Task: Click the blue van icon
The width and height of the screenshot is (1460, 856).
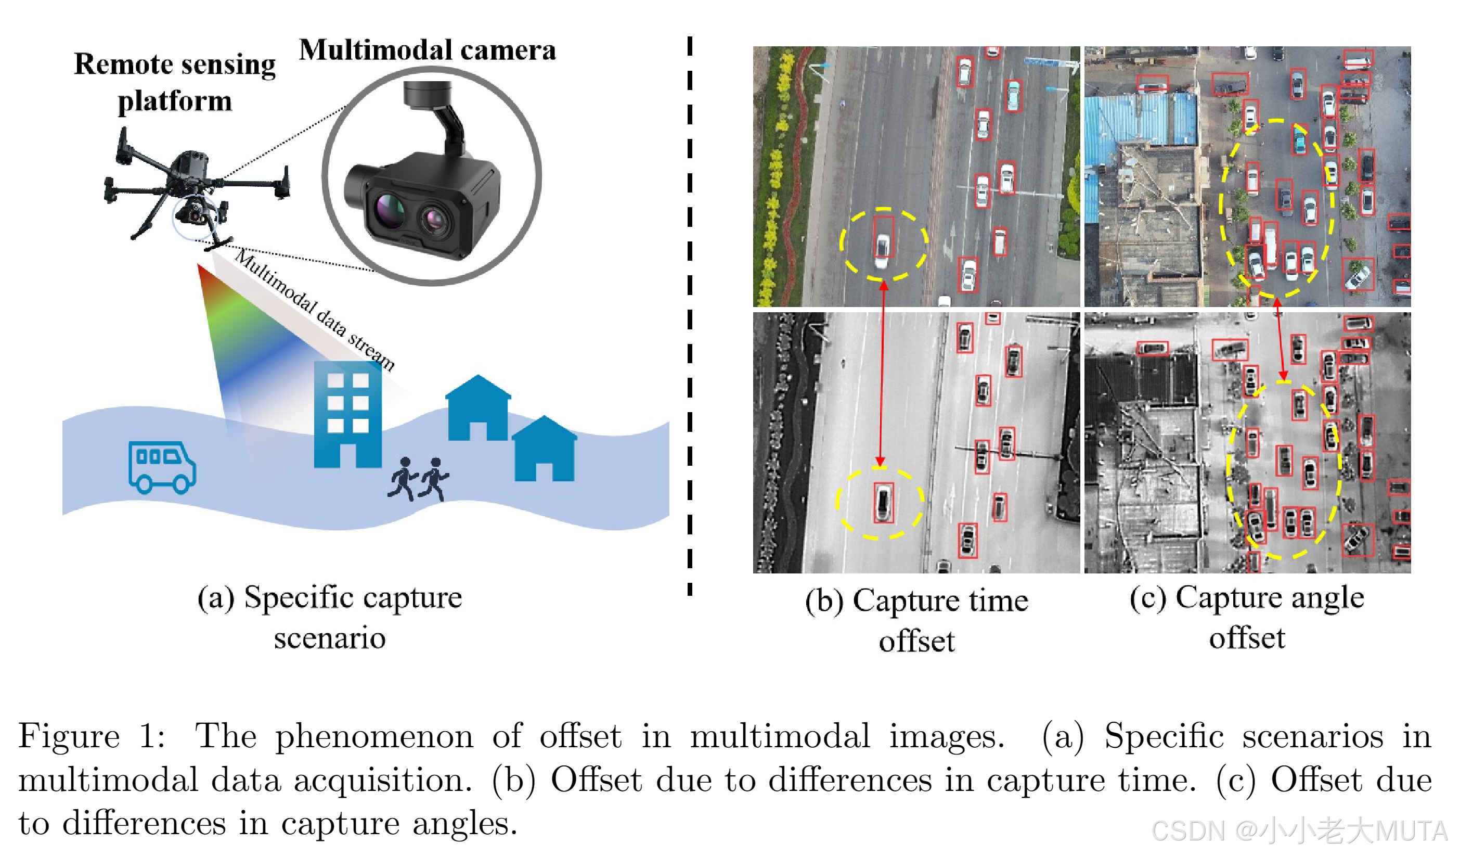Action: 162,467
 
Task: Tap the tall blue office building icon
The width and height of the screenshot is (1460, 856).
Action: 347,415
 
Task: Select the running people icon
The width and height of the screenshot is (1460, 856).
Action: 418,479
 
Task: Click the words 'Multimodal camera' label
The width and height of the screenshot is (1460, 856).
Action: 428,50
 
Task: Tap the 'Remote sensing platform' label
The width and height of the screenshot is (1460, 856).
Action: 174,82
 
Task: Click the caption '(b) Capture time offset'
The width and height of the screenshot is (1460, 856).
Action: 916,621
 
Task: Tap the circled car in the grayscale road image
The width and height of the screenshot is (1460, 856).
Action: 882,503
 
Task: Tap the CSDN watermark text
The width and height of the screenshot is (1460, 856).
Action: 1298,831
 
